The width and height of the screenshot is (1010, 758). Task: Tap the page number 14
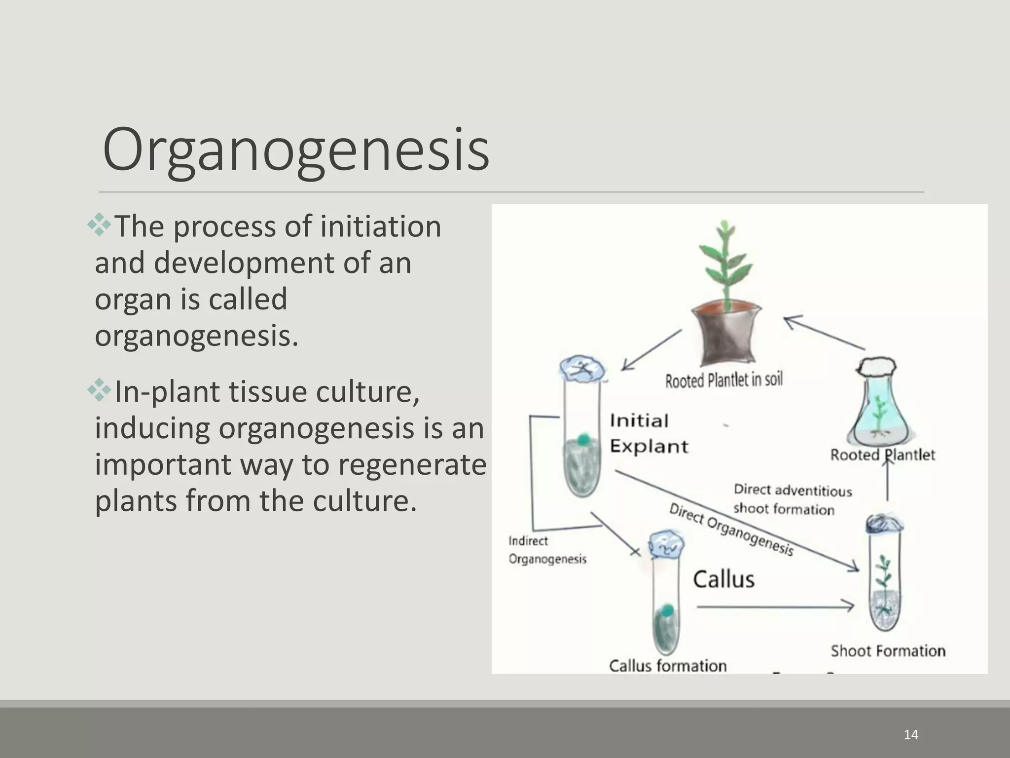(x=911, y=735)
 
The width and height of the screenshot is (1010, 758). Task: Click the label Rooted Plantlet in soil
(x=723, y=380)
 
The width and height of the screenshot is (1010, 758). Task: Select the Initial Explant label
(x=649, y=433)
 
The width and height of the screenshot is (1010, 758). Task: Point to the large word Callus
(x=723, y=579)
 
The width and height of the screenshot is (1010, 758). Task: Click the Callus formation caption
(x=668, y=666)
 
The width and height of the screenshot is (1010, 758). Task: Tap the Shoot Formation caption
(x=888, y=651)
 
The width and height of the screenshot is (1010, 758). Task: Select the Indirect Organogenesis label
(x=547, y=550)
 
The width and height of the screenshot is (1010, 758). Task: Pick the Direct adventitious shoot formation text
(x=792, y=499)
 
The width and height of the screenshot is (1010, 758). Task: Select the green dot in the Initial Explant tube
(x=584, y=439)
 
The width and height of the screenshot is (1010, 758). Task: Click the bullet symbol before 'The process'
(x=100, y=225)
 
